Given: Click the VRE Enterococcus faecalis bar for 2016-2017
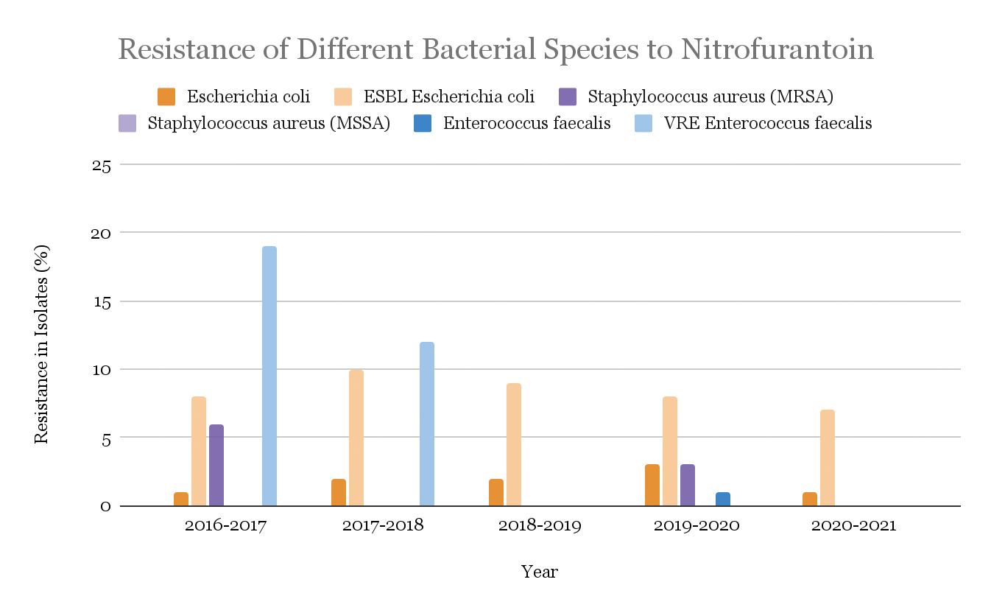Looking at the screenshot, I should (x=269, y=376).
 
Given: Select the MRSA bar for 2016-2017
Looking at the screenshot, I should (x=216, y=465).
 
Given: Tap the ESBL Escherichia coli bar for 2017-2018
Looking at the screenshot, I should (x=356, y=438).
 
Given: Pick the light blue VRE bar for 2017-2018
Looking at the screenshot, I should (x=427, y=424).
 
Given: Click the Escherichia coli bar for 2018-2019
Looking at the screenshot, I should (x=496, y=492).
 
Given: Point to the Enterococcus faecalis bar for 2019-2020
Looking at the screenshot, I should (x=723, y=499).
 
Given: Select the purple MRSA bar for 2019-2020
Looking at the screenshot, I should (x=688, y=485).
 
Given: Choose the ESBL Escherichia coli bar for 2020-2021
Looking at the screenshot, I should (x=828, y=458).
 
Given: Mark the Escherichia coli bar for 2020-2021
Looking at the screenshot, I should (x=810, y=499).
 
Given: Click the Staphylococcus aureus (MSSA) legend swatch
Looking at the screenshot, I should (x=127, y=123).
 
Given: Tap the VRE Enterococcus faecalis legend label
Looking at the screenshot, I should (x=768, y=123).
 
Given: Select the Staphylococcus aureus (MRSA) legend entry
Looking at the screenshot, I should (x=710, y=97).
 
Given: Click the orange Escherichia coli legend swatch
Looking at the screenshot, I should (x=166, y=97).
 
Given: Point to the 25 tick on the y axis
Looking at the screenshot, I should (x=102, y=165).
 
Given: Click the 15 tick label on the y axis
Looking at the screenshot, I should (x=102, y=302).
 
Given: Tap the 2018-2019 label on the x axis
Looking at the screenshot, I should (x=540, y=526).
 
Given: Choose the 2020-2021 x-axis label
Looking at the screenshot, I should (x=853, y=526).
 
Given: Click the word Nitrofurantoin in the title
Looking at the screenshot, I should (x=777, y=49).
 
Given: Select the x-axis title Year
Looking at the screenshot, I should (x=540, y=572).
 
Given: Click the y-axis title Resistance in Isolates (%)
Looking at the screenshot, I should (x=41, y=343).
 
